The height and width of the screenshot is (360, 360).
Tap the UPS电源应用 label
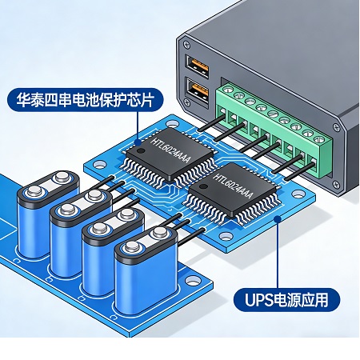(286, 300)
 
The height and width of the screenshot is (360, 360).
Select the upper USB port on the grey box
(197, 66)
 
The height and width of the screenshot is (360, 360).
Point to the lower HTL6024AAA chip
(233, 191)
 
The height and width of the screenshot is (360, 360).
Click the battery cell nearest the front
(146, 270)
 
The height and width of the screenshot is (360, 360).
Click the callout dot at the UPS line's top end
(278, 219)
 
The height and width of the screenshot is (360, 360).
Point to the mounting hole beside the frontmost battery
(192, 281)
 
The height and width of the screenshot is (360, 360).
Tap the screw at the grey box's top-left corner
(186, 44)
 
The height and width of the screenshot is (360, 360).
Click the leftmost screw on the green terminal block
(226, 90)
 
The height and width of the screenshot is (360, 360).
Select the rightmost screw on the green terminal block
(319, 139)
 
